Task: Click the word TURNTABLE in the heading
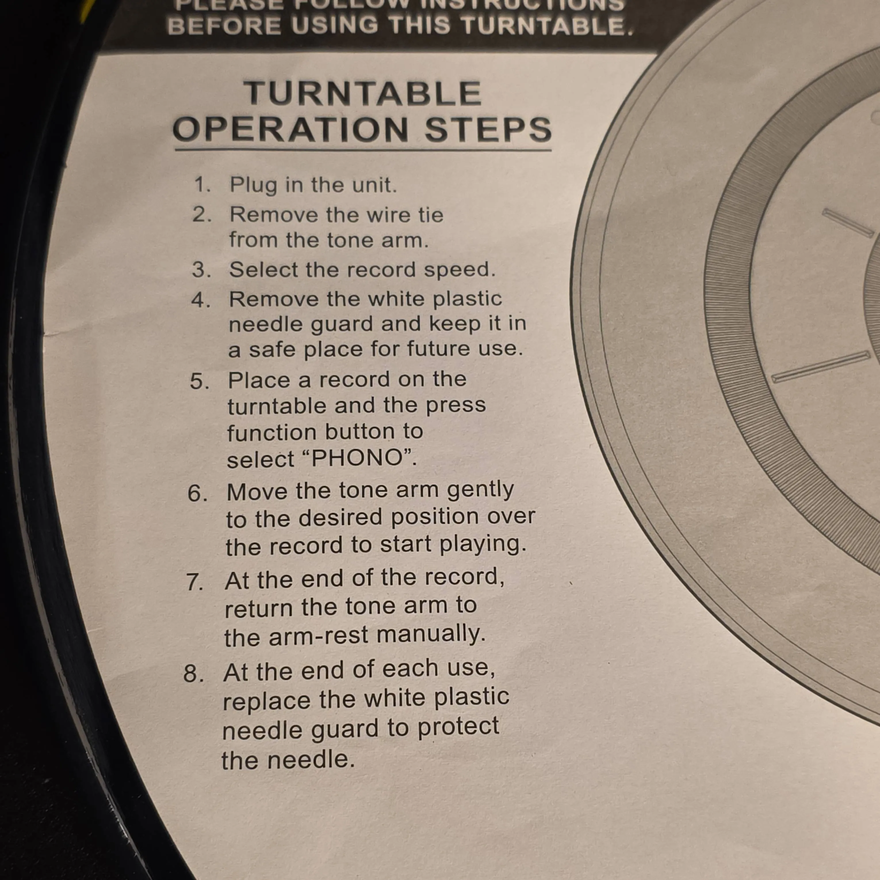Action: tap(363, 93)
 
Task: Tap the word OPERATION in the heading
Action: tap(290, 129)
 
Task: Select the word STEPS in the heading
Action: tap(488, 129)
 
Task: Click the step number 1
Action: tap(202, 185)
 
